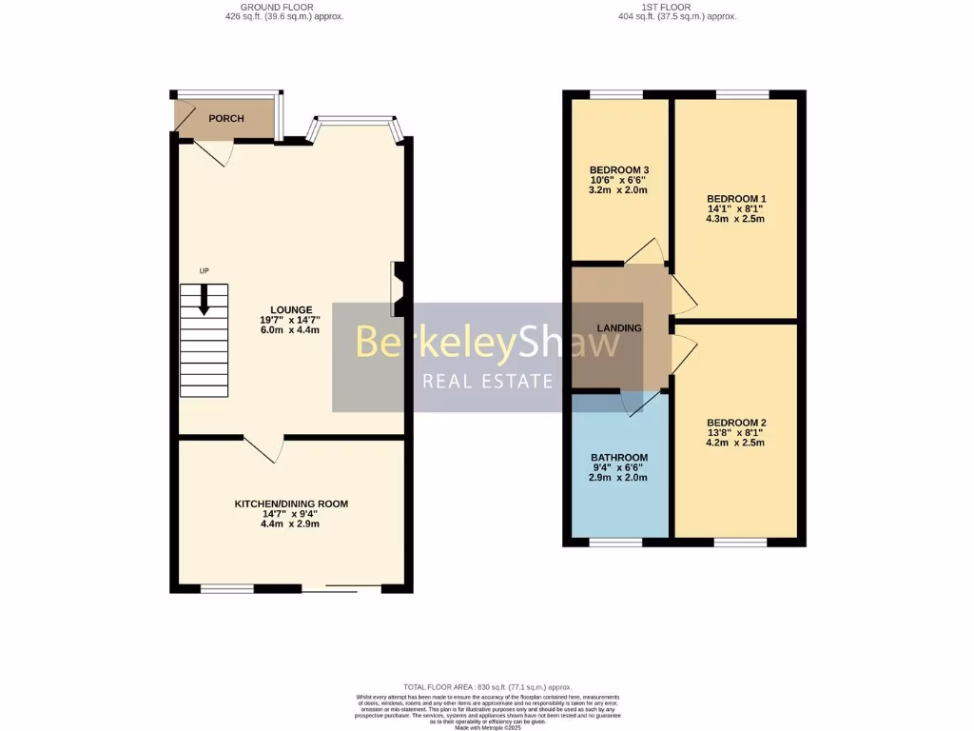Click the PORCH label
226,119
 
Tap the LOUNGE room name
291,309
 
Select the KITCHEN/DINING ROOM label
291,504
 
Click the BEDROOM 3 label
619,169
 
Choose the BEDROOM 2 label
736,423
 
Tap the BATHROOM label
619,458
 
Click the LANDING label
619,328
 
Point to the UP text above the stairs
204,271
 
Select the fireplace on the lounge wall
397,289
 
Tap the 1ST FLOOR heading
676,7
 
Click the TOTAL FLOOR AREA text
486,686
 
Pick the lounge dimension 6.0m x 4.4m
291,330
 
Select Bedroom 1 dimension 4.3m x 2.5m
736,219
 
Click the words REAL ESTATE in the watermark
488,382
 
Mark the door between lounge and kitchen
264,448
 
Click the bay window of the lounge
356,125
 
